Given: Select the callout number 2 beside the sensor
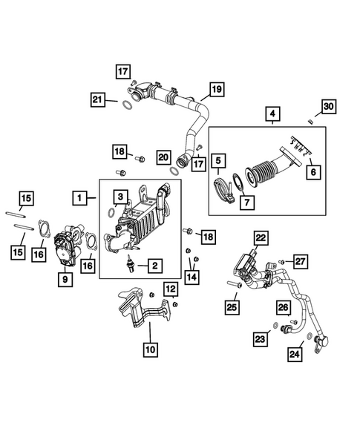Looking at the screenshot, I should point(154,265).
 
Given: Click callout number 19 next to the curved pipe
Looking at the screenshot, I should point(215,90).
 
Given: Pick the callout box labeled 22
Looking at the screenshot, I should point(261,237).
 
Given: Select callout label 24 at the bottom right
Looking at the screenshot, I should point(297,355).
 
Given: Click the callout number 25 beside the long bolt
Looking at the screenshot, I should point(232,306).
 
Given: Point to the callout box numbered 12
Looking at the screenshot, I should point(171,289).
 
